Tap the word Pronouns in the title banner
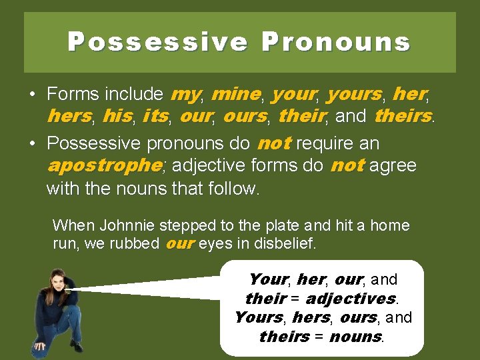click(335, 42)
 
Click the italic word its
click(155, 116)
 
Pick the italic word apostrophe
click(103, 165)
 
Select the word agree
click(393, 165)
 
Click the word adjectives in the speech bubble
click(350, 298)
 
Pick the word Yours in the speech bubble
click(258, 317)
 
